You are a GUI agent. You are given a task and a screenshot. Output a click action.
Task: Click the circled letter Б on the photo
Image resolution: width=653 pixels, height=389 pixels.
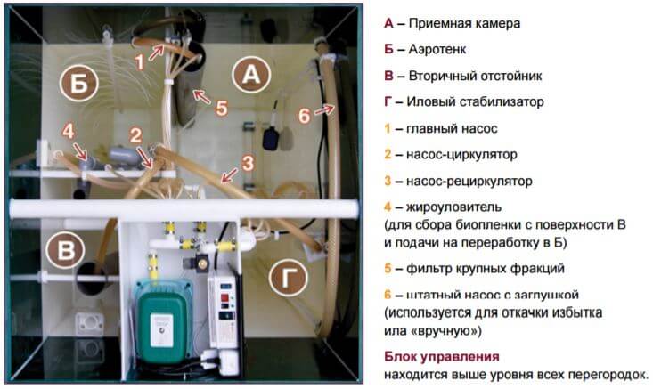click(x=79, y=83)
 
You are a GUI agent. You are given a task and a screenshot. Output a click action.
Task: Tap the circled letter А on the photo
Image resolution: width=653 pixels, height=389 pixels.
click(x=251, y=74)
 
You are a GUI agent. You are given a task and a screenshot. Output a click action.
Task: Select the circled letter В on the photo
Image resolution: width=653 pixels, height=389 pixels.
click(x=65, y=249)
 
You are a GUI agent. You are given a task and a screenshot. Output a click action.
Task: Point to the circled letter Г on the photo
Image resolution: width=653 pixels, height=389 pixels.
click(x=288, y=276)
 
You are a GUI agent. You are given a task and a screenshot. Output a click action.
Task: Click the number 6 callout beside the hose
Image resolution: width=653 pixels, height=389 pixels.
click(x=305, y=115)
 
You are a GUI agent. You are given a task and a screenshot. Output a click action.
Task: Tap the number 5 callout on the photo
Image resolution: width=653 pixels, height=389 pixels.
click(x=222, y=108)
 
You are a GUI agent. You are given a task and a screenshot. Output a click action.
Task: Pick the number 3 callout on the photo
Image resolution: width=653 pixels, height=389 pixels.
click(x=248, y=164)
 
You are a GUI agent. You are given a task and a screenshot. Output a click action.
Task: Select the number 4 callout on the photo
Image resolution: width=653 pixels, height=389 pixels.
click(x=69, y=132)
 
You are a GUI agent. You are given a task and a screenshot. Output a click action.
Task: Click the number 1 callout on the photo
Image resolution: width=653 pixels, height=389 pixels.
click(x=140, y=62)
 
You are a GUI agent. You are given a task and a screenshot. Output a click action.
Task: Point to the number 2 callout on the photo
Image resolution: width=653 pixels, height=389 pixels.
click(x=135, y=135)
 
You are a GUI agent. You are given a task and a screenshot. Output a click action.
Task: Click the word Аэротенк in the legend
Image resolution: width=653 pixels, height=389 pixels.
click(x=437, y=50)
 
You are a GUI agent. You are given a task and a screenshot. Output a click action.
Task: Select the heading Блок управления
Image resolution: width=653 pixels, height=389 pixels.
click(x=442, y=357)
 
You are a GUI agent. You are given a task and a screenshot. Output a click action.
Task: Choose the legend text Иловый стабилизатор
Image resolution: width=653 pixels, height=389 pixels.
click(x=475, y=102)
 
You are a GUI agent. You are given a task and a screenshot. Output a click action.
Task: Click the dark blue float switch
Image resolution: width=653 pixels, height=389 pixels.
click(x=273, y=137)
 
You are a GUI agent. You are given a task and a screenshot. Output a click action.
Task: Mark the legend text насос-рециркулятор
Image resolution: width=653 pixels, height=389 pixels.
click(x=469, y=181)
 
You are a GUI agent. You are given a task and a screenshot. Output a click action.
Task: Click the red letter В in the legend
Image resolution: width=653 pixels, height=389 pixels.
click(x=388, y=77)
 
